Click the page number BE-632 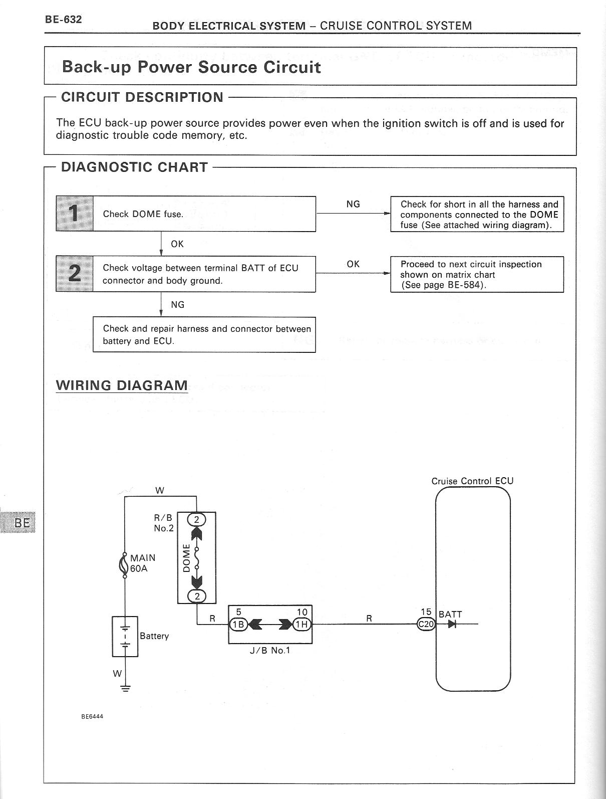(63, 20)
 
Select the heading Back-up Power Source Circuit (191, 67)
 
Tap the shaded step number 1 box (75, 214)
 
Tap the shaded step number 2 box (75, 274)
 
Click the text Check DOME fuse (143, 214)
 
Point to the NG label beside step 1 (353, 204)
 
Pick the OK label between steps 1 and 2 (177, 244)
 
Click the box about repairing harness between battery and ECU (204, 334)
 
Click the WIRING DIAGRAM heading (122, 385)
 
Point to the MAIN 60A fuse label (142, 563)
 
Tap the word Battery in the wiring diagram (154, 636)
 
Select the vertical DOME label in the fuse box (186, 558)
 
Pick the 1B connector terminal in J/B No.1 (238, 624)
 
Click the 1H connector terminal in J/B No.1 (302, 624)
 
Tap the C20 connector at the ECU (426, 624)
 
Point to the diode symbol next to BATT (452, 624)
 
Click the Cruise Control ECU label (472, 481)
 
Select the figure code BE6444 (92, 717)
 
